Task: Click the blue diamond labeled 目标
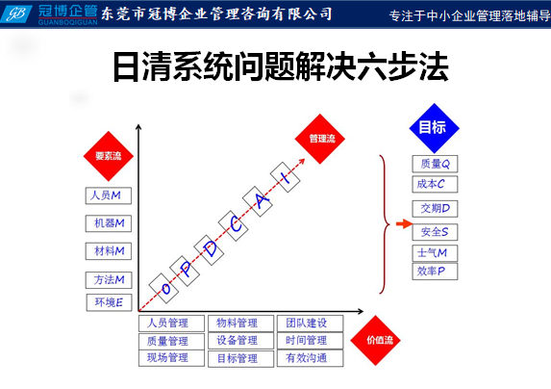point(435,128)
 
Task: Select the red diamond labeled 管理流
point(320,139)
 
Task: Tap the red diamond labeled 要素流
point(109,156)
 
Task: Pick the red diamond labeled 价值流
point(375,340)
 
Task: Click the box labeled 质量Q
point(435,164)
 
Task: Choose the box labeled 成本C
point(435,184)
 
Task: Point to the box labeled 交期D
point(435,209)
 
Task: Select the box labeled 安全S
point(435,232)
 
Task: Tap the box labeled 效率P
point(435,272)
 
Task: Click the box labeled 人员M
point(109,195)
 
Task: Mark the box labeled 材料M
point(109,251)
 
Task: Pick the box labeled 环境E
point(109,302)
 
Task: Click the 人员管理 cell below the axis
point(171,324)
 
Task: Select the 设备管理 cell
point(240,341)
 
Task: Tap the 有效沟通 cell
point(310,358)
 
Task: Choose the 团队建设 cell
point(310,324)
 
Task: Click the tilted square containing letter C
point(234,226)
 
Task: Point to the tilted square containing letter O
point(163,288)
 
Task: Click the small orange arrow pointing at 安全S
point(404,223)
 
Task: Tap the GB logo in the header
point(16,14)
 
